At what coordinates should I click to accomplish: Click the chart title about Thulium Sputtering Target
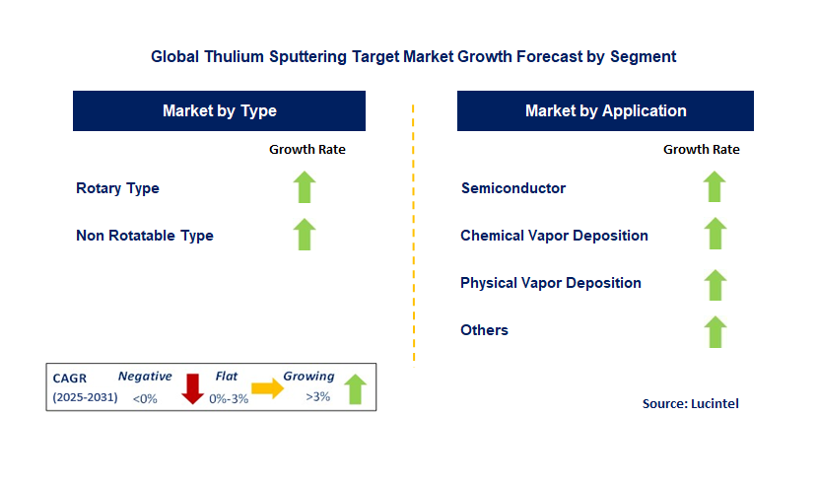tap(413, 56)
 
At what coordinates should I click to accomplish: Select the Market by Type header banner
tap(219, 110)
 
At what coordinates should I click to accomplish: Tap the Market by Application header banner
tap(605, 110)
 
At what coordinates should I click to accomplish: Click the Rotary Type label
tap(117, 188)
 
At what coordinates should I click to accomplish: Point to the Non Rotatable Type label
tap(145, 236)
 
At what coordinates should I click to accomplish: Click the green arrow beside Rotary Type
tap(306, 187)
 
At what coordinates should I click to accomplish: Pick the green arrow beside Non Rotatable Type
tap(306, 235)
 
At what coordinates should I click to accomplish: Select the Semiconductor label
tap(513, 188)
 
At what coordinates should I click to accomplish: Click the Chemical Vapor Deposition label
tap(554, 236)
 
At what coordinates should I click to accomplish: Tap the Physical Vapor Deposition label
tap(551, 283)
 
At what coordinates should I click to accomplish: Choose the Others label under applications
tap(484, 330)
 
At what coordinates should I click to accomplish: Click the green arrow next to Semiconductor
tap(715, 187)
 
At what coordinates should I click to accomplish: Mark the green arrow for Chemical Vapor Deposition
tap(715, 235)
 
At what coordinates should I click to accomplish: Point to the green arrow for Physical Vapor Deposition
tap(715, 284)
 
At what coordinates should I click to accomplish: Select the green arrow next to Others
tap(715, 331)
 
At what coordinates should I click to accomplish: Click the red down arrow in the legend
tap(192, 389)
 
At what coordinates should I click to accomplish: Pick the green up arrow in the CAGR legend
tap(355, 389)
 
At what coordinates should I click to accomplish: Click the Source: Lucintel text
tap(690, 403)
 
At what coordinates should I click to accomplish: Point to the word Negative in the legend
tap(145, 377)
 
